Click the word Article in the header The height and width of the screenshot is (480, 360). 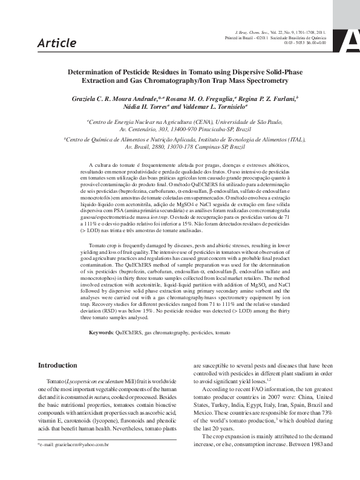coord(57,43)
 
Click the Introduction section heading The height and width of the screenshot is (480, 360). coord(57,365)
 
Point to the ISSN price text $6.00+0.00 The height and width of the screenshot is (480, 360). coord(316,43)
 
